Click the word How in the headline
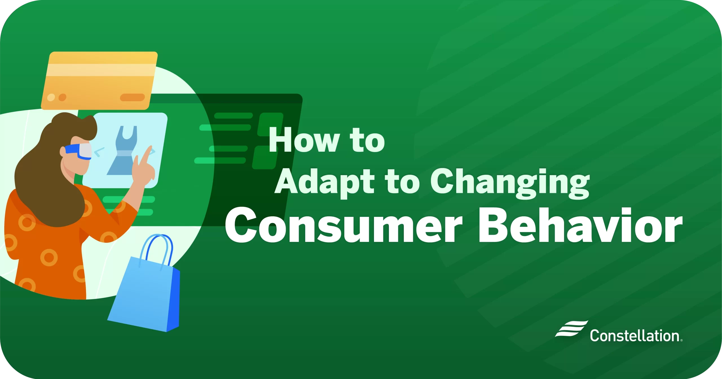click(303, 140)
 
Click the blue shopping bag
click(141, 296)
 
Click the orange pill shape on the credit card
click(132, 98)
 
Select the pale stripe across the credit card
click(102, 70)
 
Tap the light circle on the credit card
click(51, 98)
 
